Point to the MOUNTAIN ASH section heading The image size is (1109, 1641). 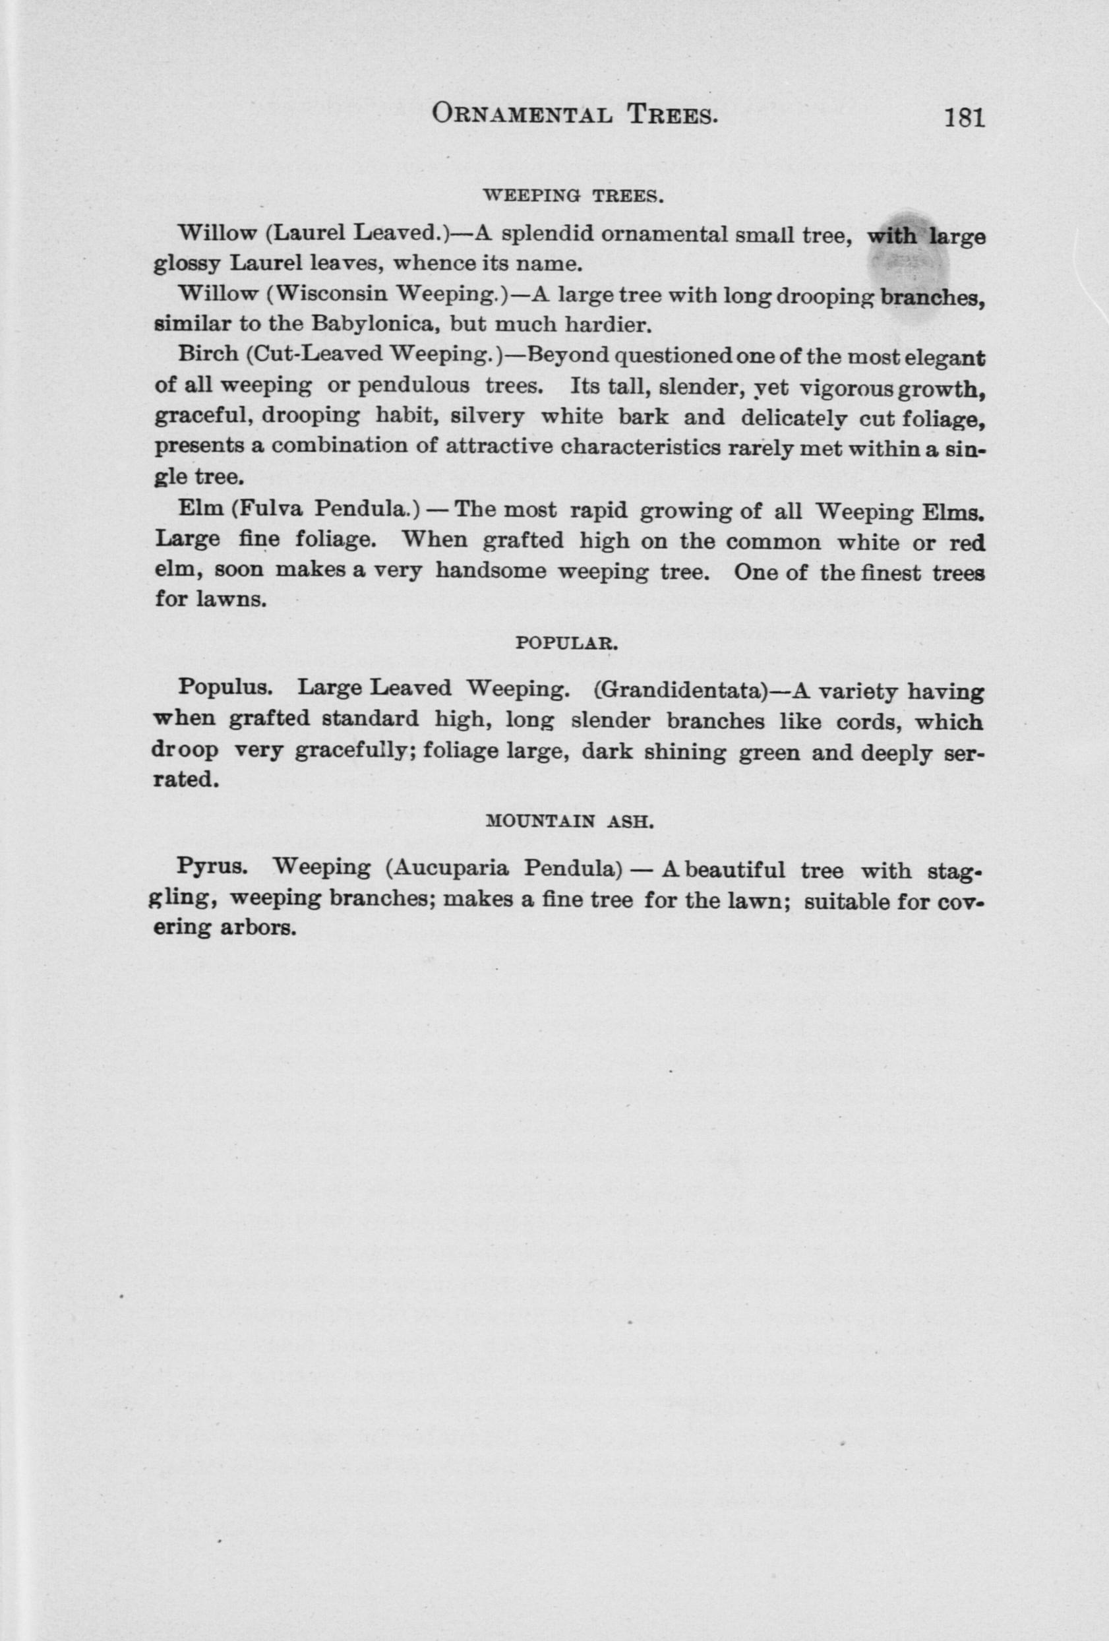coord(572,821)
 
